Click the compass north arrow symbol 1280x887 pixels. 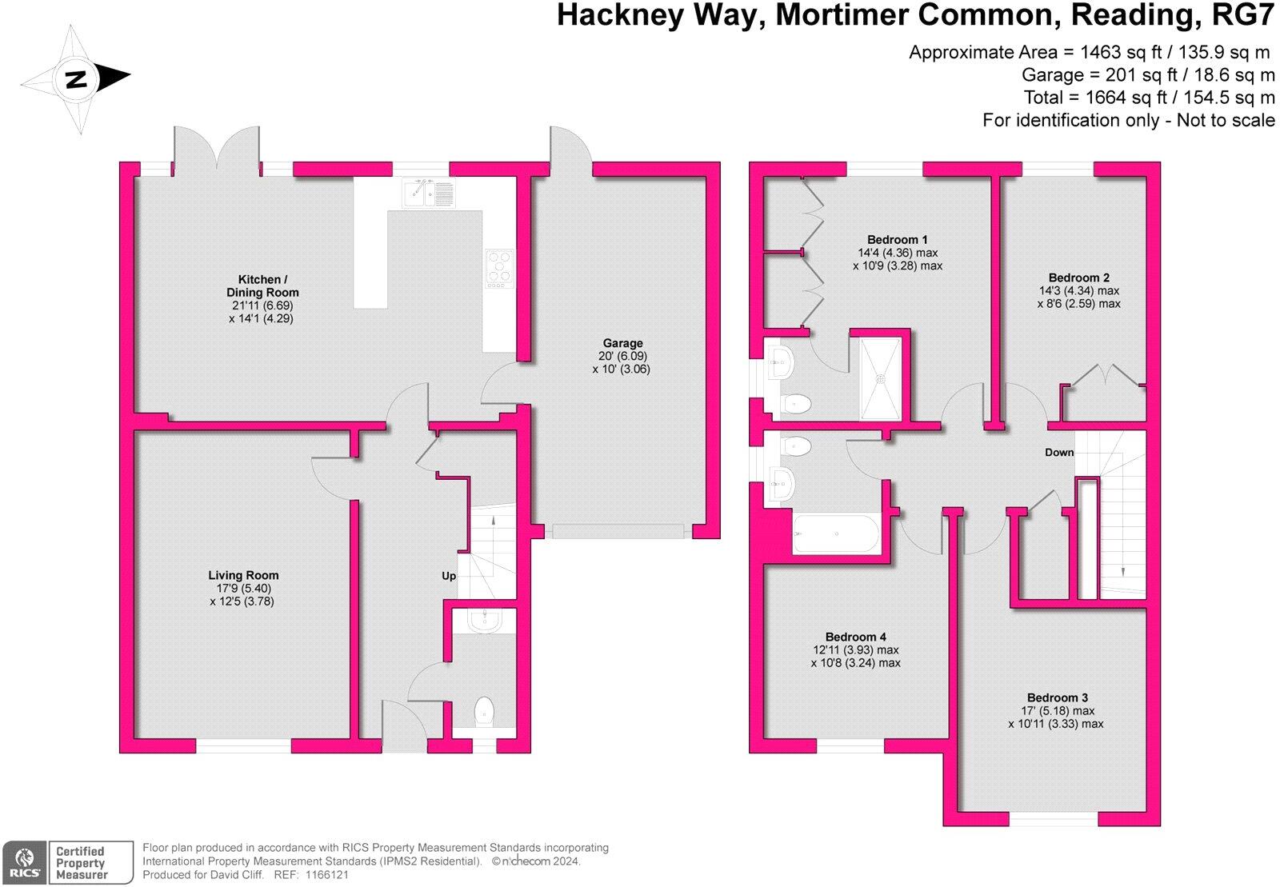click(x=76, y=79)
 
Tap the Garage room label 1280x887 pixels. click(x=622, y=344)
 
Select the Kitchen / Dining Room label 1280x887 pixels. click(x=262, y=286)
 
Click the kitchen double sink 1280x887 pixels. click(x=427, y=193)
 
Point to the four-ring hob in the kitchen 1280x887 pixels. click(x=500, y=268)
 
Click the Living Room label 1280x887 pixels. click(x=243, y=575)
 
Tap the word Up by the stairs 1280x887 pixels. click(x=449, y=576)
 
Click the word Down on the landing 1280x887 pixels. click(x=1058, y=453)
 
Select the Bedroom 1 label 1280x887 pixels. click(x=897, y=240)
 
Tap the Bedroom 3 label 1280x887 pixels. click(x=1057, y=697)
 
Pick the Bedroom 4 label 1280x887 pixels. click(x=855, y=637)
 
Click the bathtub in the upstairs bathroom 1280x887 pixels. click(x=835, y=534)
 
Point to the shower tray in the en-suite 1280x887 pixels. click(x=880, y=378)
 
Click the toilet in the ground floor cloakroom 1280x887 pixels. click(x=485, y=710)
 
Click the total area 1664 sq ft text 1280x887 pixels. click(x=1149, y=98)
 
